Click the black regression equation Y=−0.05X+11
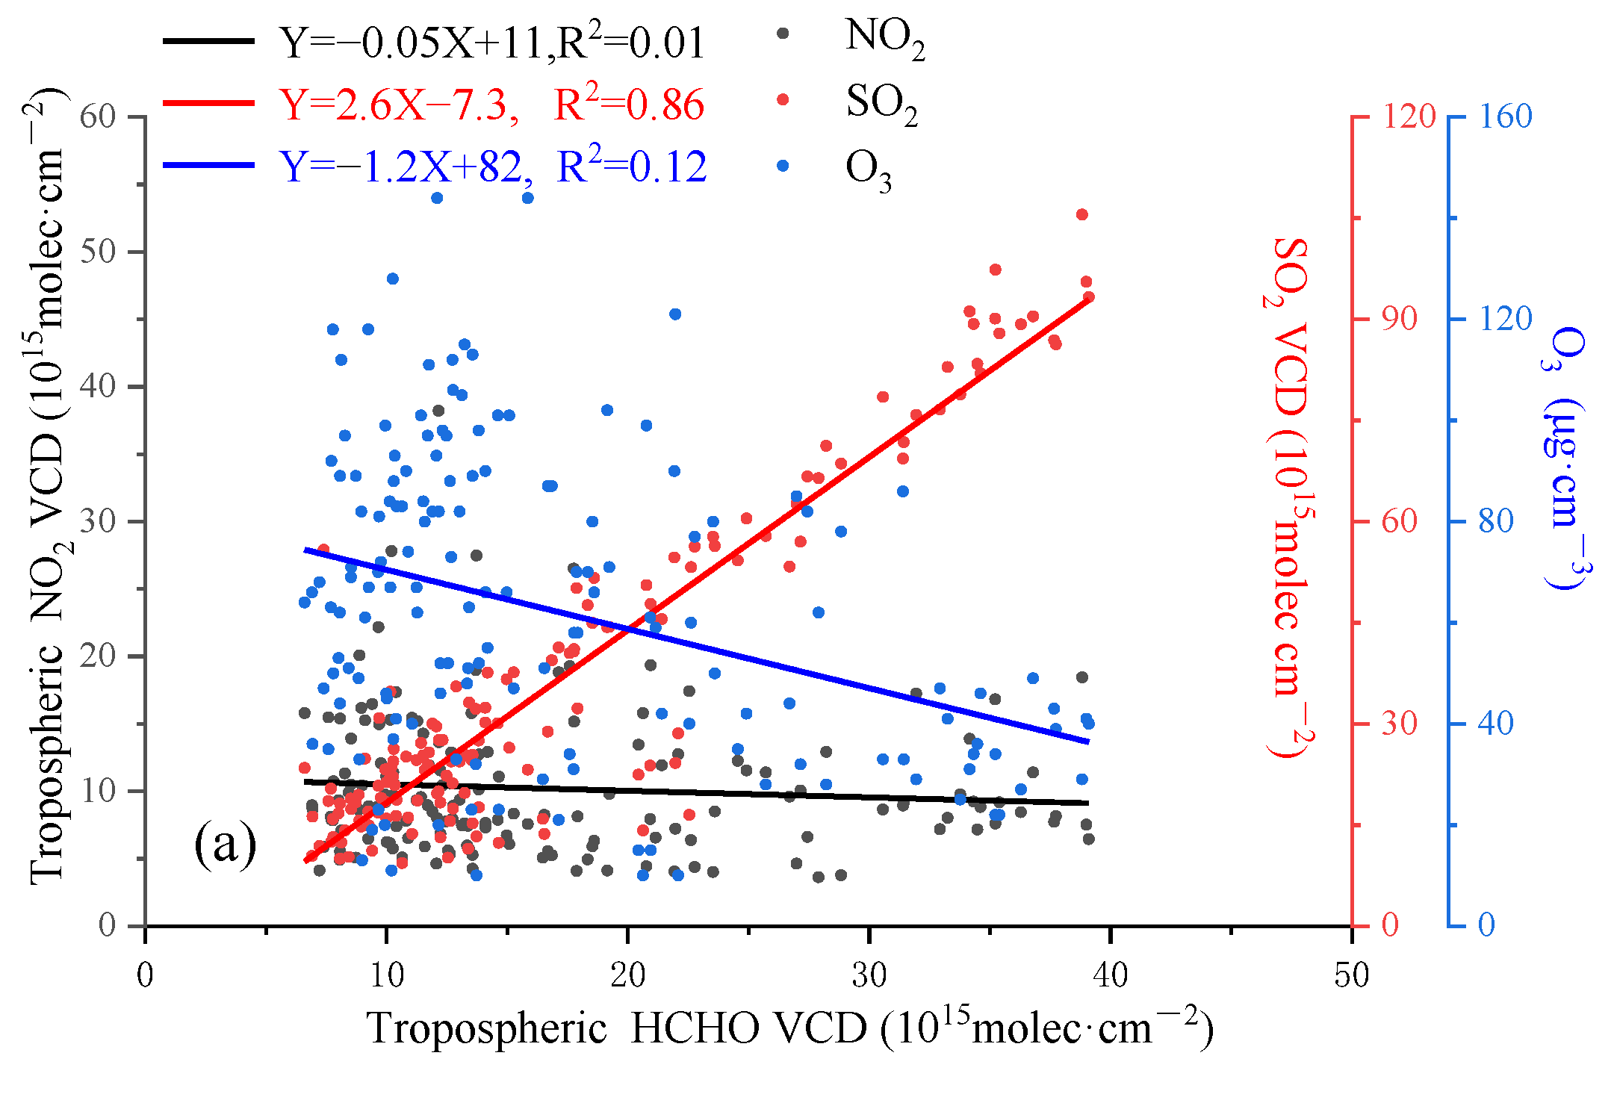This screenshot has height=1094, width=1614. point(415,43)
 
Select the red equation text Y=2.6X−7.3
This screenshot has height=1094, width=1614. point(400,105)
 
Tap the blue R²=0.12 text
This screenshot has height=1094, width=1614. point(631,167)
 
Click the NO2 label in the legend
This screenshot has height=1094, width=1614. point(884,37)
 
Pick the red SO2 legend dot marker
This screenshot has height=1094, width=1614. point(783,99)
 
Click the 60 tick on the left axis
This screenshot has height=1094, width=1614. point(97,117)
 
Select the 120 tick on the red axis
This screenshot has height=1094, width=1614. point(1409,117)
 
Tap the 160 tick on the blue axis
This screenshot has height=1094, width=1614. point(1505,117)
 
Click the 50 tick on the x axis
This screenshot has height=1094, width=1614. point(1351,975)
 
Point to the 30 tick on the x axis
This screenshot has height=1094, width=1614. point(869,975)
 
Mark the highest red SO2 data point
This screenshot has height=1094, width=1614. point(1081,214)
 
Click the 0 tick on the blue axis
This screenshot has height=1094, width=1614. point(1486,925)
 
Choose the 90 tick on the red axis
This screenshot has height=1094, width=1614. point(1399,319)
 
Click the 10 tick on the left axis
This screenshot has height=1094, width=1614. point(99,791)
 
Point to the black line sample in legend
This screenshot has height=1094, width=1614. point(208,40)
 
